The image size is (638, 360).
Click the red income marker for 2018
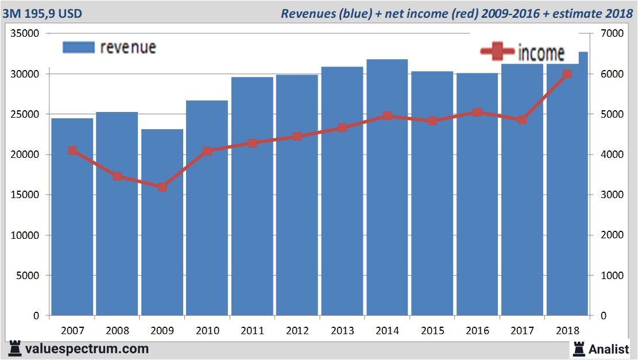click(x=567, y=74)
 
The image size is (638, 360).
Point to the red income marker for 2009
click(x=163, y=187)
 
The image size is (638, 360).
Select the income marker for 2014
click(x=387, y=116)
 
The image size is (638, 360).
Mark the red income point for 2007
click(x=72, y=151)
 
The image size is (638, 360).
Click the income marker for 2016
click(x=477, y=113)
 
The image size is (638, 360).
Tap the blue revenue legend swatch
click(x=78, y=48)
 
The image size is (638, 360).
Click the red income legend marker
click(x=497, y=52)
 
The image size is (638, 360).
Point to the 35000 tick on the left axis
click(x=25, y=34)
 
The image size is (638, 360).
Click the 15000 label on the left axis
click(x=25, y=195)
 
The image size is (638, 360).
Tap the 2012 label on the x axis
click(x=297, y=331)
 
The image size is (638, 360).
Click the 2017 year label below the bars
click(x=522, y=331)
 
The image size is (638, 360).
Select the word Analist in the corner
click(x=609, y=349)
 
